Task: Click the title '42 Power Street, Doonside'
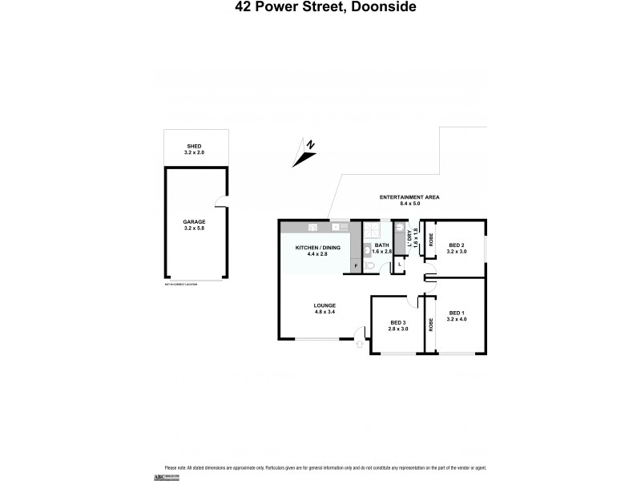tap(320, 9)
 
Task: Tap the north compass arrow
tap(304, 153)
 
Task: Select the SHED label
tap(196, 146)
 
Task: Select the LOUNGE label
tap(325, 305)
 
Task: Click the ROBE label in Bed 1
tap(430, 325)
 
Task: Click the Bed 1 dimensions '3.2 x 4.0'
tap(458, 318)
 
